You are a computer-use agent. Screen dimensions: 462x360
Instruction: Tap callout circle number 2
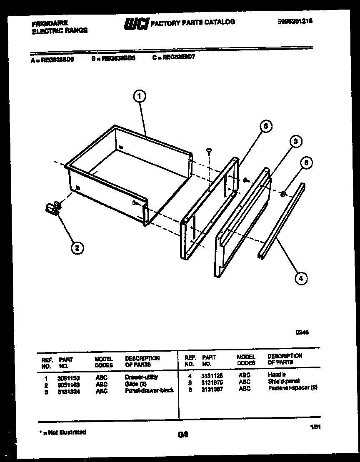point(76,248)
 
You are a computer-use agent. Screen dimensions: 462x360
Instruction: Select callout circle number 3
point(295,142)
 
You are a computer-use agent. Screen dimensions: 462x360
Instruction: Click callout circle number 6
point(306,163)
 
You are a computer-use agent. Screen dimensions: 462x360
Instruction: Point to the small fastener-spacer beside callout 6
point(282,193)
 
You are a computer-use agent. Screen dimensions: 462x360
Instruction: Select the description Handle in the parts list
point(277,375)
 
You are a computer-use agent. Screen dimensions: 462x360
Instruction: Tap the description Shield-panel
point(283,381)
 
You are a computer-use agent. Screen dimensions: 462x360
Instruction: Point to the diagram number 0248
point(302,332)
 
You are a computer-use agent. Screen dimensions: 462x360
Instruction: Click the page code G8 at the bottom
point(183,435)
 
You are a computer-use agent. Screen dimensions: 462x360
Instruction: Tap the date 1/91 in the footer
point(315,427)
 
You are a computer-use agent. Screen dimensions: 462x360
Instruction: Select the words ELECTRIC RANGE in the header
point(60,30)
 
